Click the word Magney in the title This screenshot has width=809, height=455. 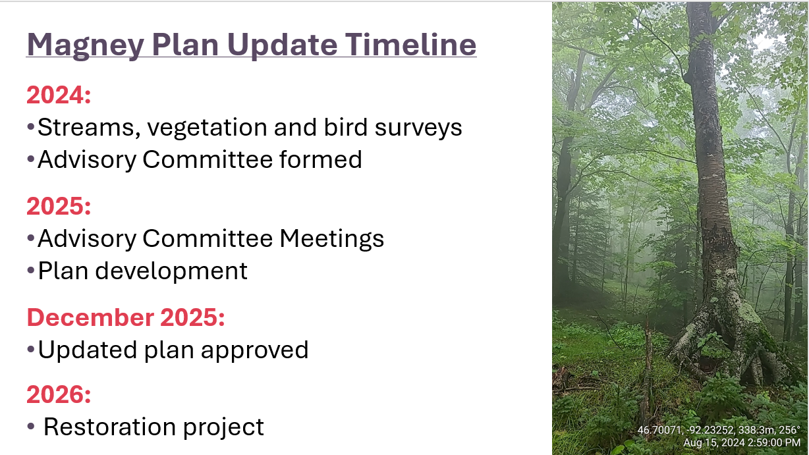click(x=86, y=46)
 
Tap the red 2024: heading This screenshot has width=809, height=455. click(x=59, y=95)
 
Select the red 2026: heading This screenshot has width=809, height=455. click(x=59, y=394)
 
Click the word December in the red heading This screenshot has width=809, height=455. click(x=91, y=317)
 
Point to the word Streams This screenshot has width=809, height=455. click(x=89, y=128)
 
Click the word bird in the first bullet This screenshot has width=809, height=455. click(x=346, y=126)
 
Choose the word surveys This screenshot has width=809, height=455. click(x=418, y=129)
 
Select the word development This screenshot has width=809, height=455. click(x=171, y=271)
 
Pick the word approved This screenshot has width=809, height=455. click(x=254, y=351)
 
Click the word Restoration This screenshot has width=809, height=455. click(x=110, y=427)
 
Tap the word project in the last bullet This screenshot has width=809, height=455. click(x=223, y=428)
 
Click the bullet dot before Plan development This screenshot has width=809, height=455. click(x=31, y=270)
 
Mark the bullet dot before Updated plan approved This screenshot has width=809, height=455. click(x=31, y=349)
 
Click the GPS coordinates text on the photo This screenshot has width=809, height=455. click(x=719, y=430)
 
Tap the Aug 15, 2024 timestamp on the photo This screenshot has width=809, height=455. click(x=742, y=442)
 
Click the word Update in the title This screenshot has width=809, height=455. click(x=283, y=46)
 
